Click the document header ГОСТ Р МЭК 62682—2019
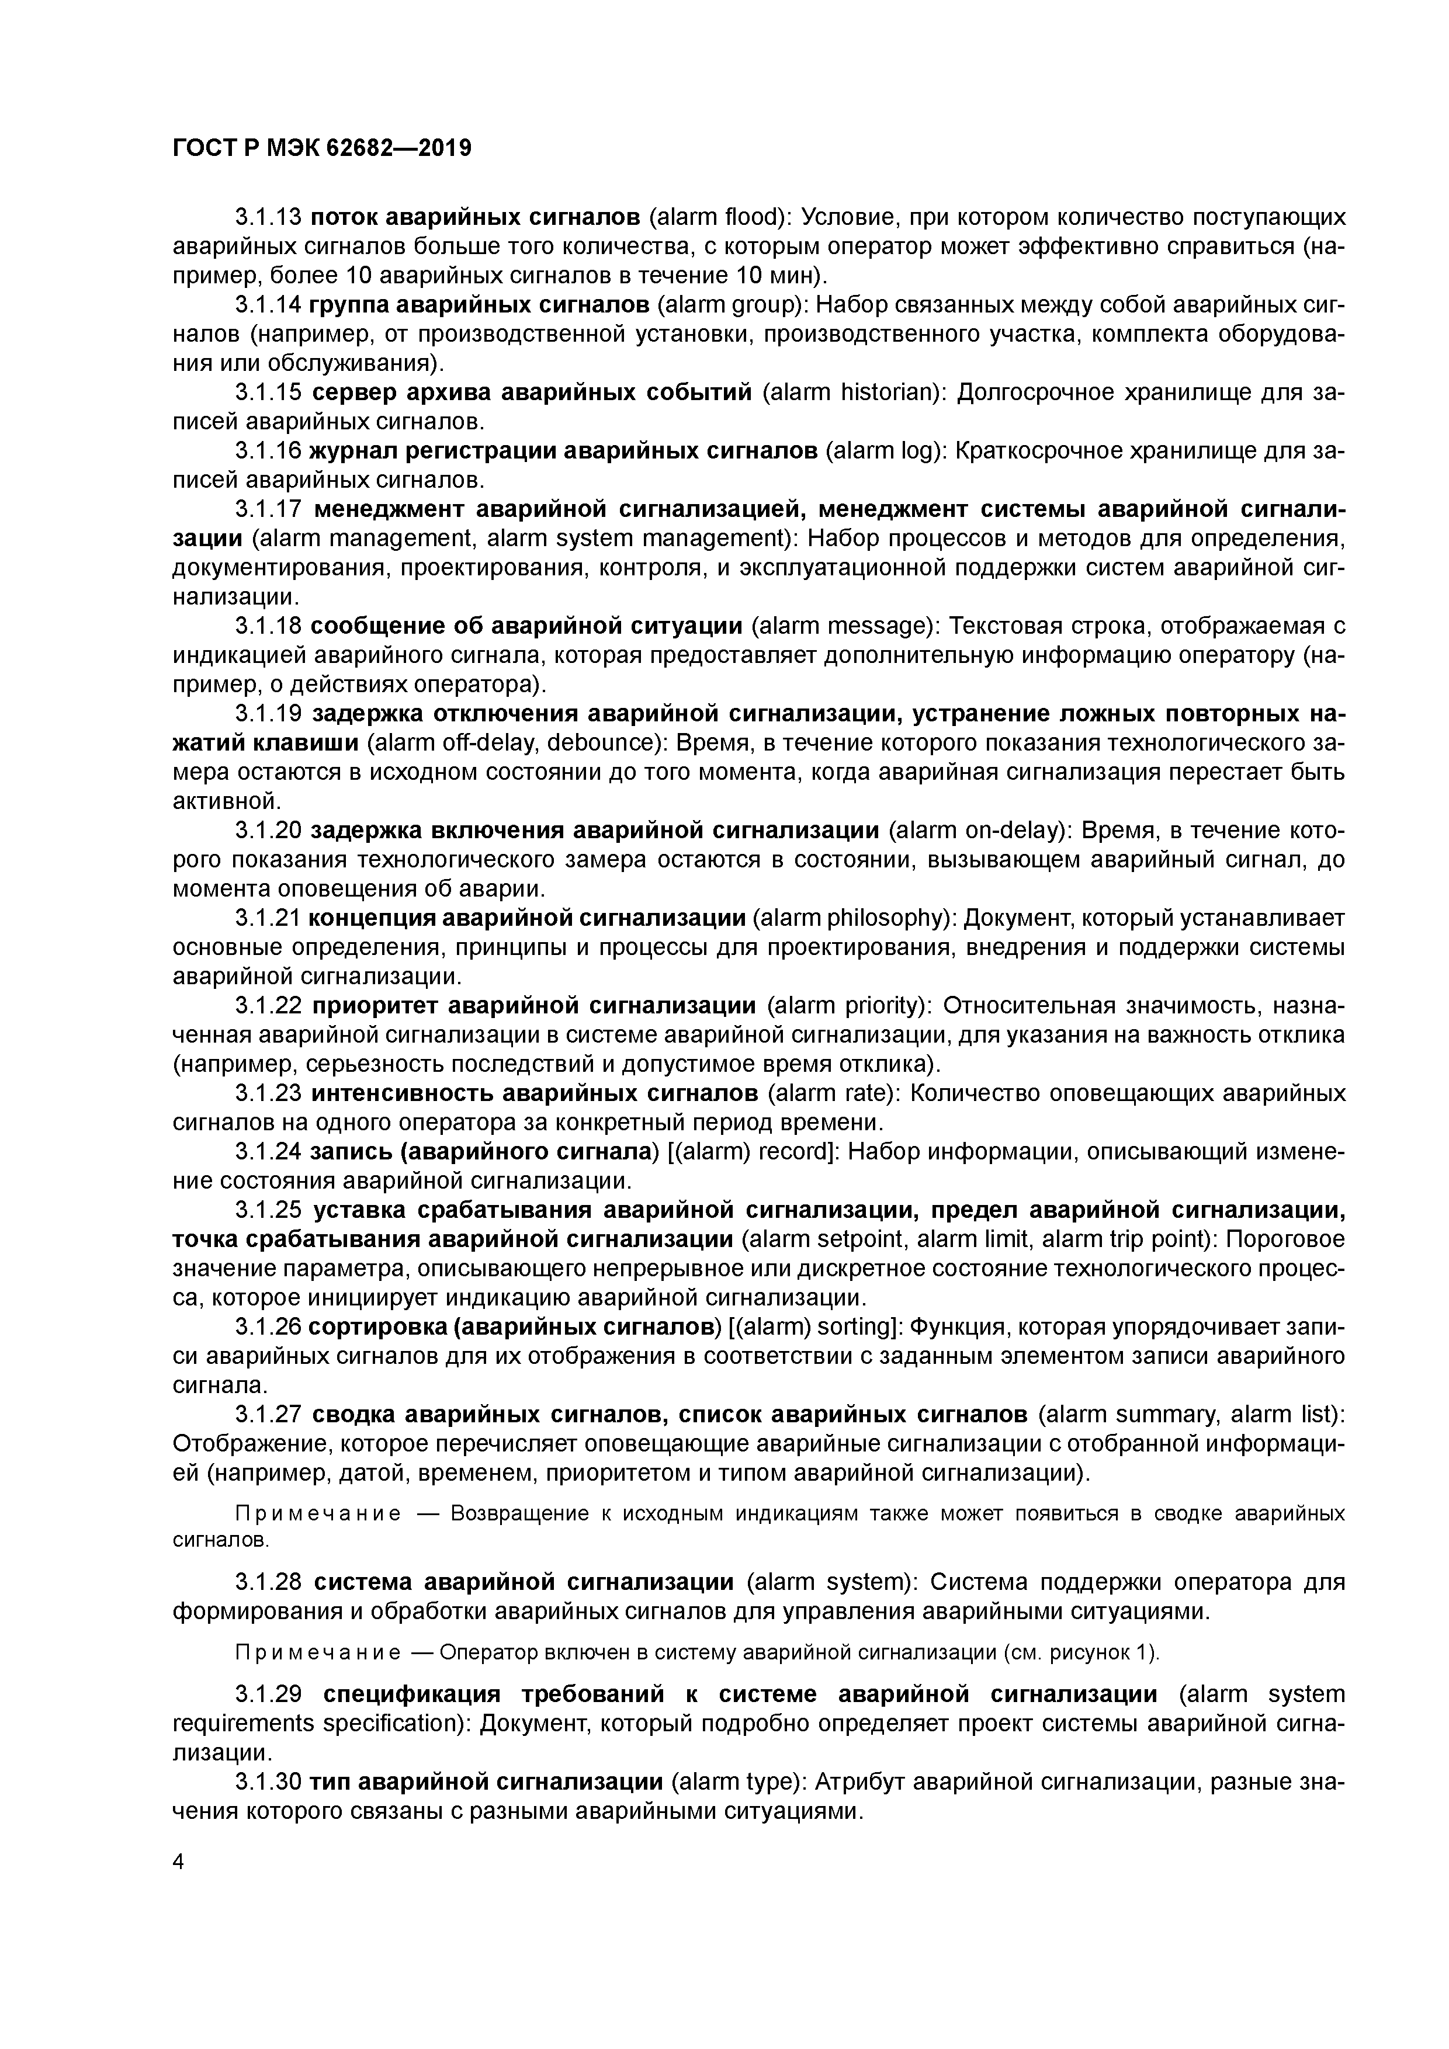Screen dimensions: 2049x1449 [x=321, y=148]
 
